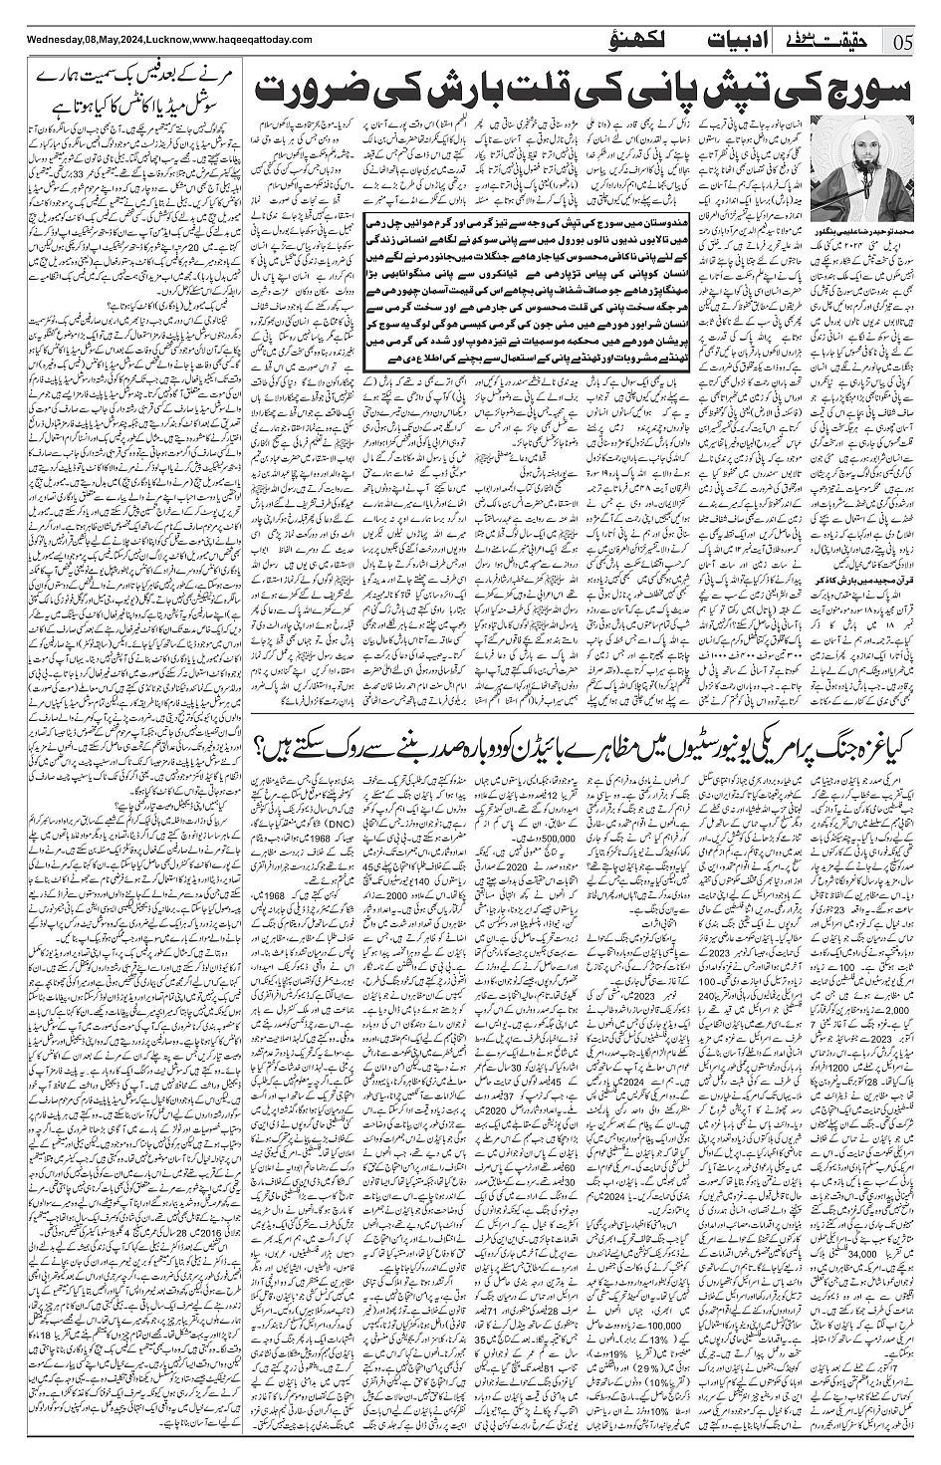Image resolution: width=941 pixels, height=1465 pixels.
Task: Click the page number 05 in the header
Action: [904, 42]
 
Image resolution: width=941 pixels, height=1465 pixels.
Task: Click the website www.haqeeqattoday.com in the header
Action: [244, 40]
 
